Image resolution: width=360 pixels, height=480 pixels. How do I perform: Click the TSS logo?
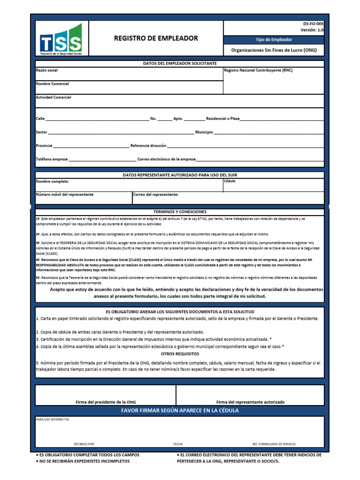61,40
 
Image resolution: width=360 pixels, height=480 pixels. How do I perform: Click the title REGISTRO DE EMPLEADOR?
156,38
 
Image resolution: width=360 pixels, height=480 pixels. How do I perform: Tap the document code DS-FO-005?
313,23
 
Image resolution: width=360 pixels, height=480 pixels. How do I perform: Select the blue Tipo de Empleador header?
274,40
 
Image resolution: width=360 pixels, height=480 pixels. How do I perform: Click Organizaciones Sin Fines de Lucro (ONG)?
274,50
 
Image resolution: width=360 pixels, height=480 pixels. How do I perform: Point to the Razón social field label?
47,70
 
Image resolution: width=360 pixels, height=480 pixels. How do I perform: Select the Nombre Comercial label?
52,84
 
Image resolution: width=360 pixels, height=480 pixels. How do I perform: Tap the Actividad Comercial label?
53,97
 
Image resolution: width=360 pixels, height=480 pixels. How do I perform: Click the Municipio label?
204,133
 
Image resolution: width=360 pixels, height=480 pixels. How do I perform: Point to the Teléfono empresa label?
52,159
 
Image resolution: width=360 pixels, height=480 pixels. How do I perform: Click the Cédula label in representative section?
230,180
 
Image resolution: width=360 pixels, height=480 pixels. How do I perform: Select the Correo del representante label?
156,194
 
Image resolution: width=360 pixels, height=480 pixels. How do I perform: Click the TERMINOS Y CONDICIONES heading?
180,212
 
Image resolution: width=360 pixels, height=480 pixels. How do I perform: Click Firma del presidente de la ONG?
105,402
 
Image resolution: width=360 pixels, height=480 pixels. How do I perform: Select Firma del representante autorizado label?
250,402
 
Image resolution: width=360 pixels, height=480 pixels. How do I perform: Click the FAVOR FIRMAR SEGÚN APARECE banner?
180,411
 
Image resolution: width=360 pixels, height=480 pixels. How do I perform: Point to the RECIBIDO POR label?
84,443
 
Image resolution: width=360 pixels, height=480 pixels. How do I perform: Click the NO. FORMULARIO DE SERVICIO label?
274,443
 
